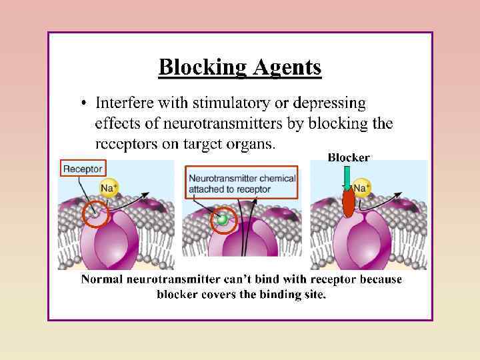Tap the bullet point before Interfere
pyautogui.click(x=84, y=103)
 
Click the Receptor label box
pyautogui.click(x=83, y=169)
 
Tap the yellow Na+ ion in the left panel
pyautogui.click(x=109, y=188)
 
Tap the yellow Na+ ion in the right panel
pyautogui.click(x=361, y=188)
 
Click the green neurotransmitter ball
pyautogui.click(x=223, y=219)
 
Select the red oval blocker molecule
pyautogui.click(x=349, y=203)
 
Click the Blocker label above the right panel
pyautogui.click(x=348, y=158)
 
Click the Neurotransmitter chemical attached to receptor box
pyautogui.click(x=241, y=183)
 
